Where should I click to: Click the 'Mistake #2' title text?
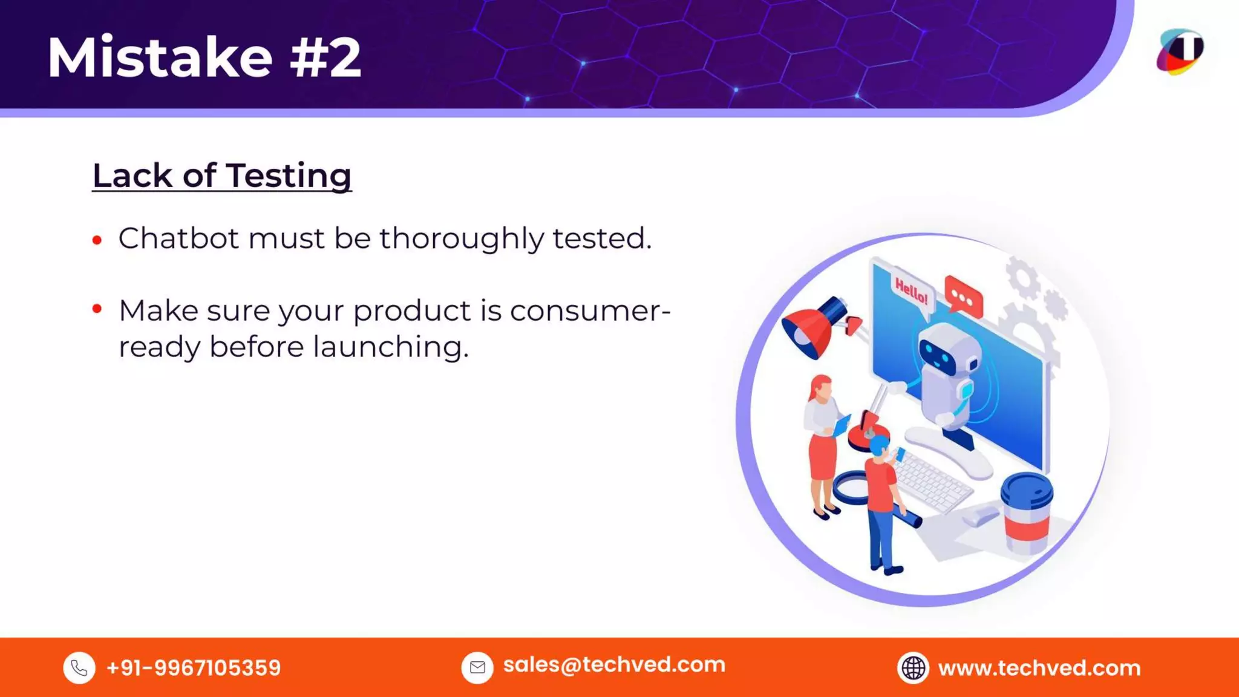click(204, 57)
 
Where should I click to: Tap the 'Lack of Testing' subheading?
click(221, 175)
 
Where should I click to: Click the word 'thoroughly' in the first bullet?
click(462, 238)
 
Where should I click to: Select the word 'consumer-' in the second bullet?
click(590, 311)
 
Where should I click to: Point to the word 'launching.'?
click(390, 347)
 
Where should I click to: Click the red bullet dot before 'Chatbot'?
click(97, 240)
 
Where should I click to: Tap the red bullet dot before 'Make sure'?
click(97, 309)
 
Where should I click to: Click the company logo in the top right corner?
click(1180, 52)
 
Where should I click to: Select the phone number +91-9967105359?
click(193, 668)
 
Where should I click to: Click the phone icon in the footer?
click(79, 668)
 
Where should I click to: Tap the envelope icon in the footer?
click(477, 668)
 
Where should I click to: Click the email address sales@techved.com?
click(613, 665)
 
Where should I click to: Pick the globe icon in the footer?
click(913, 668)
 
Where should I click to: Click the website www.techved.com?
click(1039, 668)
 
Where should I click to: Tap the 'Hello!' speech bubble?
click(911, 292)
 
